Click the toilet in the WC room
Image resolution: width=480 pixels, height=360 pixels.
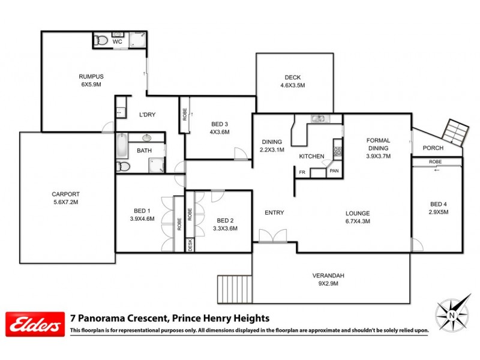pos(101,41)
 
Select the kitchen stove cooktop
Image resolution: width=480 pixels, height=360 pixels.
pos(337,151)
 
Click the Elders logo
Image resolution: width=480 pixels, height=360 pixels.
pos(34,325)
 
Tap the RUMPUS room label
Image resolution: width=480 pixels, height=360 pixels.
pos(91,76)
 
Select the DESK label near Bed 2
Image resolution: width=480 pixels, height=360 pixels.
pos(190,245)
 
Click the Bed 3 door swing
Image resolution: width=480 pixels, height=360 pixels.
pos(239,154)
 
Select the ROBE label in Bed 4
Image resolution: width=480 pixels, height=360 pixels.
pos(436,162)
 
